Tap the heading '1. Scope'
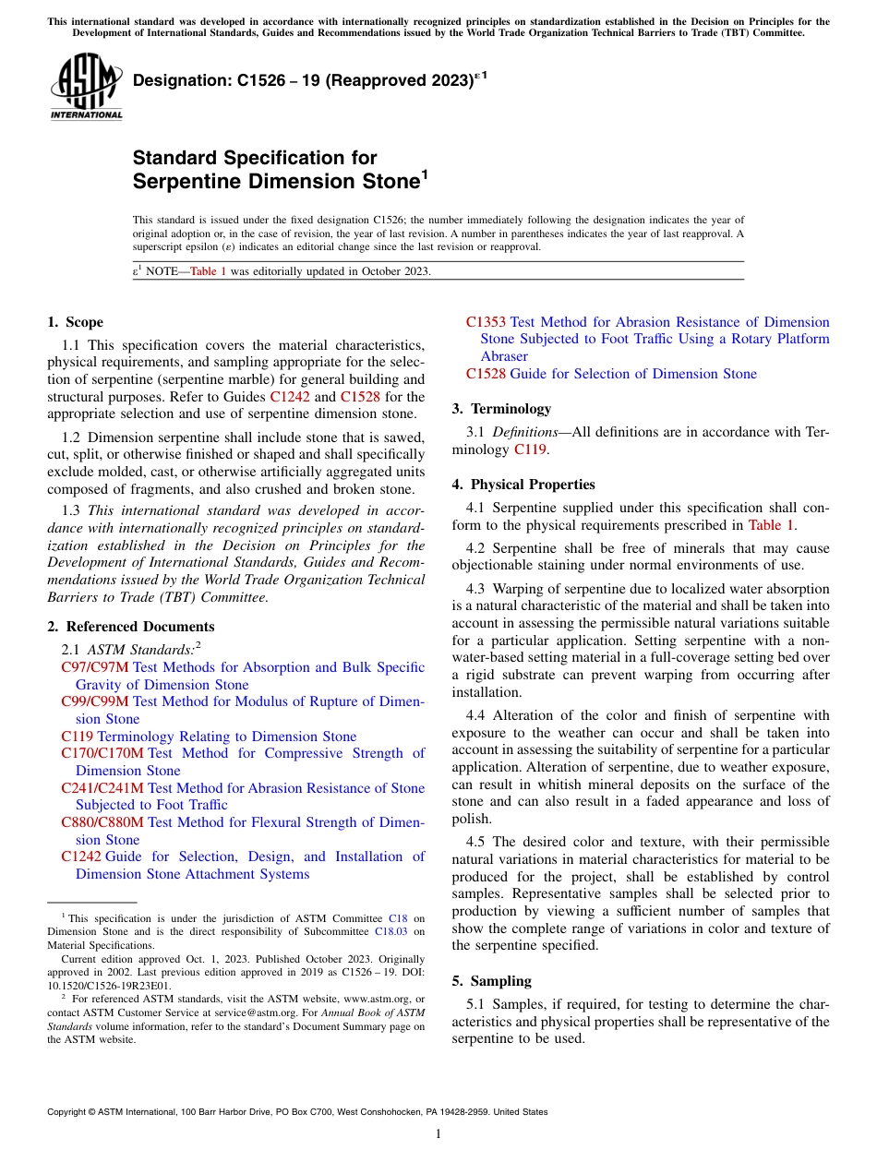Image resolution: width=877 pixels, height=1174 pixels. coord(75,322)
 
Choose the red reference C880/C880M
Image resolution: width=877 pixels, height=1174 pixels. coord(102,822)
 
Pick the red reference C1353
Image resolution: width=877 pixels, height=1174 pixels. coord(486,322)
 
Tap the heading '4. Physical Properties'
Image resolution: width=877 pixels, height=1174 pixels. coord(523,485)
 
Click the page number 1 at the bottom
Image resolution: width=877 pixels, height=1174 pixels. coord(438,1133)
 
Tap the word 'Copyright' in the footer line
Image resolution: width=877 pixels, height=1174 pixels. coord(70,1112)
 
